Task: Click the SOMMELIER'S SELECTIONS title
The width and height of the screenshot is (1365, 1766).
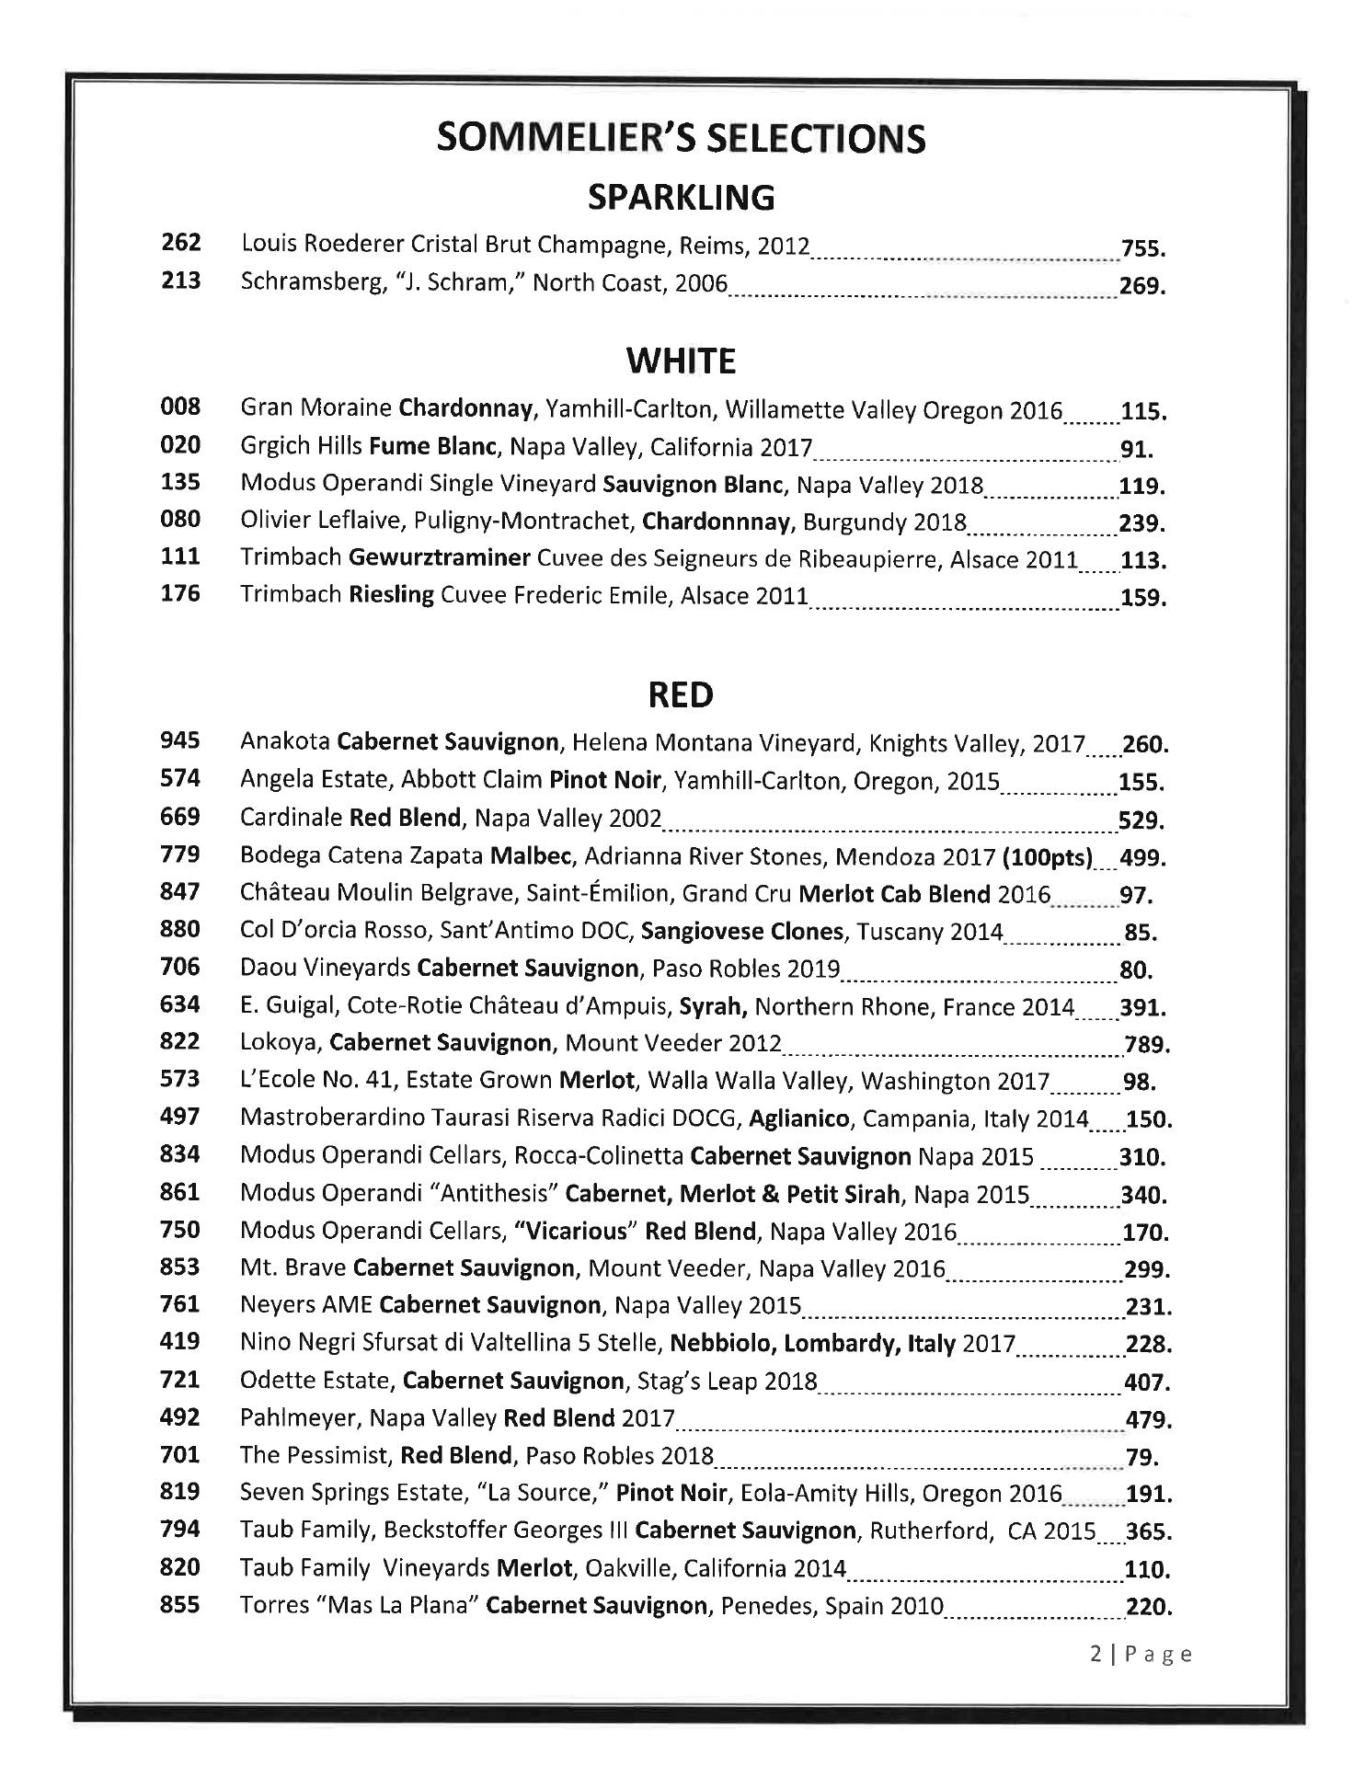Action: (x=681, y=139)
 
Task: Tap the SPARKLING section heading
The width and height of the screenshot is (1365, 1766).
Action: (x=681, y=198)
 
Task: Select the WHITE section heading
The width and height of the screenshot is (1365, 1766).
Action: (x=681, y=361)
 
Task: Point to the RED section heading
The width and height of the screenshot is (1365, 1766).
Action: (x=681, y=695)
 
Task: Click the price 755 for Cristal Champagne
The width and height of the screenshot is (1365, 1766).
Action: (x=1142, y=249)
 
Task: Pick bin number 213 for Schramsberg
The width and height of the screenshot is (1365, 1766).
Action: (x=180, y=281)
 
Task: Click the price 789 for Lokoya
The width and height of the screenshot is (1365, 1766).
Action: (x=1146, y=1045)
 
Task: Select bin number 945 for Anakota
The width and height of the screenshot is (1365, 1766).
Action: (x=180, y=740)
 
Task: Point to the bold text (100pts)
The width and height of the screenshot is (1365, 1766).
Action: (x=1047, y=857)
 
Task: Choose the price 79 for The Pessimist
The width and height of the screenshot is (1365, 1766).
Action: (x=1141, y=1457)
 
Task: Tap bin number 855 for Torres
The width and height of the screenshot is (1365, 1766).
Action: (x=180, y=1605)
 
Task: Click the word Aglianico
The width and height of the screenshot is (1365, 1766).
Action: (x=799, y=1119)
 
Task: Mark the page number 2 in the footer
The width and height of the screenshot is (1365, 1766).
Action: (x=1095, y=1655)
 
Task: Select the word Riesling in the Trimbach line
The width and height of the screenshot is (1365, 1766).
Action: (x=391, y=595)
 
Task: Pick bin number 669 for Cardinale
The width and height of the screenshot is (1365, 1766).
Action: (x=180, y=817)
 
